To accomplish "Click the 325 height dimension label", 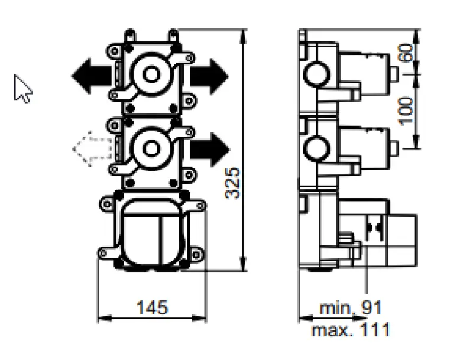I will [234, 182].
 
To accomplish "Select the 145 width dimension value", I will [152, 307].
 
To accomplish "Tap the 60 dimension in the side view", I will [406, 53].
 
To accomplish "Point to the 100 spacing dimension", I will [406, 110].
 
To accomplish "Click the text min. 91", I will [351, 308].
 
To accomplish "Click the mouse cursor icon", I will [23, 89].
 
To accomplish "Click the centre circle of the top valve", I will [151, 74].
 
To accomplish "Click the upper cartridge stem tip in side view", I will [393, 74].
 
